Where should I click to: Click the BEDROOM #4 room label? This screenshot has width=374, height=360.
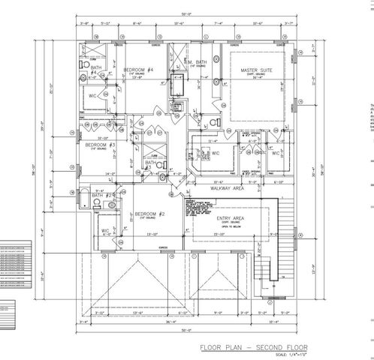138,70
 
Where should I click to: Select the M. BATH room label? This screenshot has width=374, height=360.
197,64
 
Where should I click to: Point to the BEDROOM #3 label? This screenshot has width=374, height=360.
99,145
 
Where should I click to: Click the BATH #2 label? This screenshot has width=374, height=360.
102,196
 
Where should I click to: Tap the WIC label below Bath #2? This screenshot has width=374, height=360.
105,230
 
